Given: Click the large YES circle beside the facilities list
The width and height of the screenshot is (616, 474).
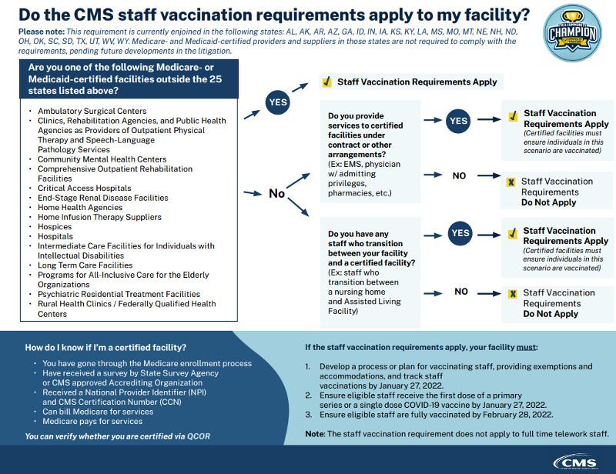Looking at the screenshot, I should click(x=278, y=102).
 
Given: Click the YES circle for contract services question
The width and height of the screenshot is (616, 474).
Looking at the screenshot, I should click(x=459, y=121).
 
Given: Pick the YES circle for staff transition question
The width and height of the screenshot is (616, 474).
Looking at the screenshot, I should click(x=459, y=233).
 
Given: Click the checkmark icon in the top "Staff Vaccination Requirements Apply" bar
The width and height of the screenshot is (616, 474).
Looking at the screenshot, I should click(x=326, y=82).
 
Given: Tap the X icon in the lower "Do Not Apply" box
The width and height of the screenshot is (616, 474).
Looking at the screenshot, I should click(x=511, y=293).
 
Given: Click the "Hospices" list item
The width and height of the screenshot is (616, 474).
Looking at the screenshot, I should click(x=55, y=227).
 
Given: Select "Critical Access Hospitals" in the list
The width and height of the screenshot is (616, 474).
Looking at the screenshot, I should click(x=85, y=188).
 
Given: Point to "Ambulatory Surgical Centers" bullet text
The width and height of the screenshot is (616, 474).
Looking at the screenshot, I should click(x=92, y=111).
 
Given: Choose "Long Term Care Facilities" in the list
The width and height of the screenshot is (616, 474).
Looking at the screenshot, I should click(x=85, y=265).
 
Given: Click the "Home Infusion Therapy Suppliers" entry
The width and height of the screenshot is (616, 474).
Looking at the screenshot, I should click(x=100, y=218).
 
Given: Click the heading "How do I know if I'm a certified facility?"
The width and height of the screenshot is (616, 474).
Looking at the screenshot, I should click(x=106, y=347).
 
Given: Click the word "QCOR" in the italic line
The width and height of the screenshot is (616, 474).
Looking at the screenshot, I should click(x=199, y=436).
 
